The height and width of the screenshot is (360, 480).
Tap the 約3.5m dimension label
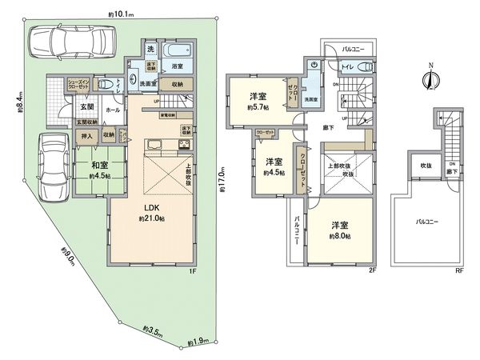(x=150, y=329)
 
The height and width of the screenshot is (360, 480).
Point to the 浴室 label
(x=178, y=69)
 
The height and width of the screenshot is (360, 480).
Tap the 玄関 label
(x=86, y=106)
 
